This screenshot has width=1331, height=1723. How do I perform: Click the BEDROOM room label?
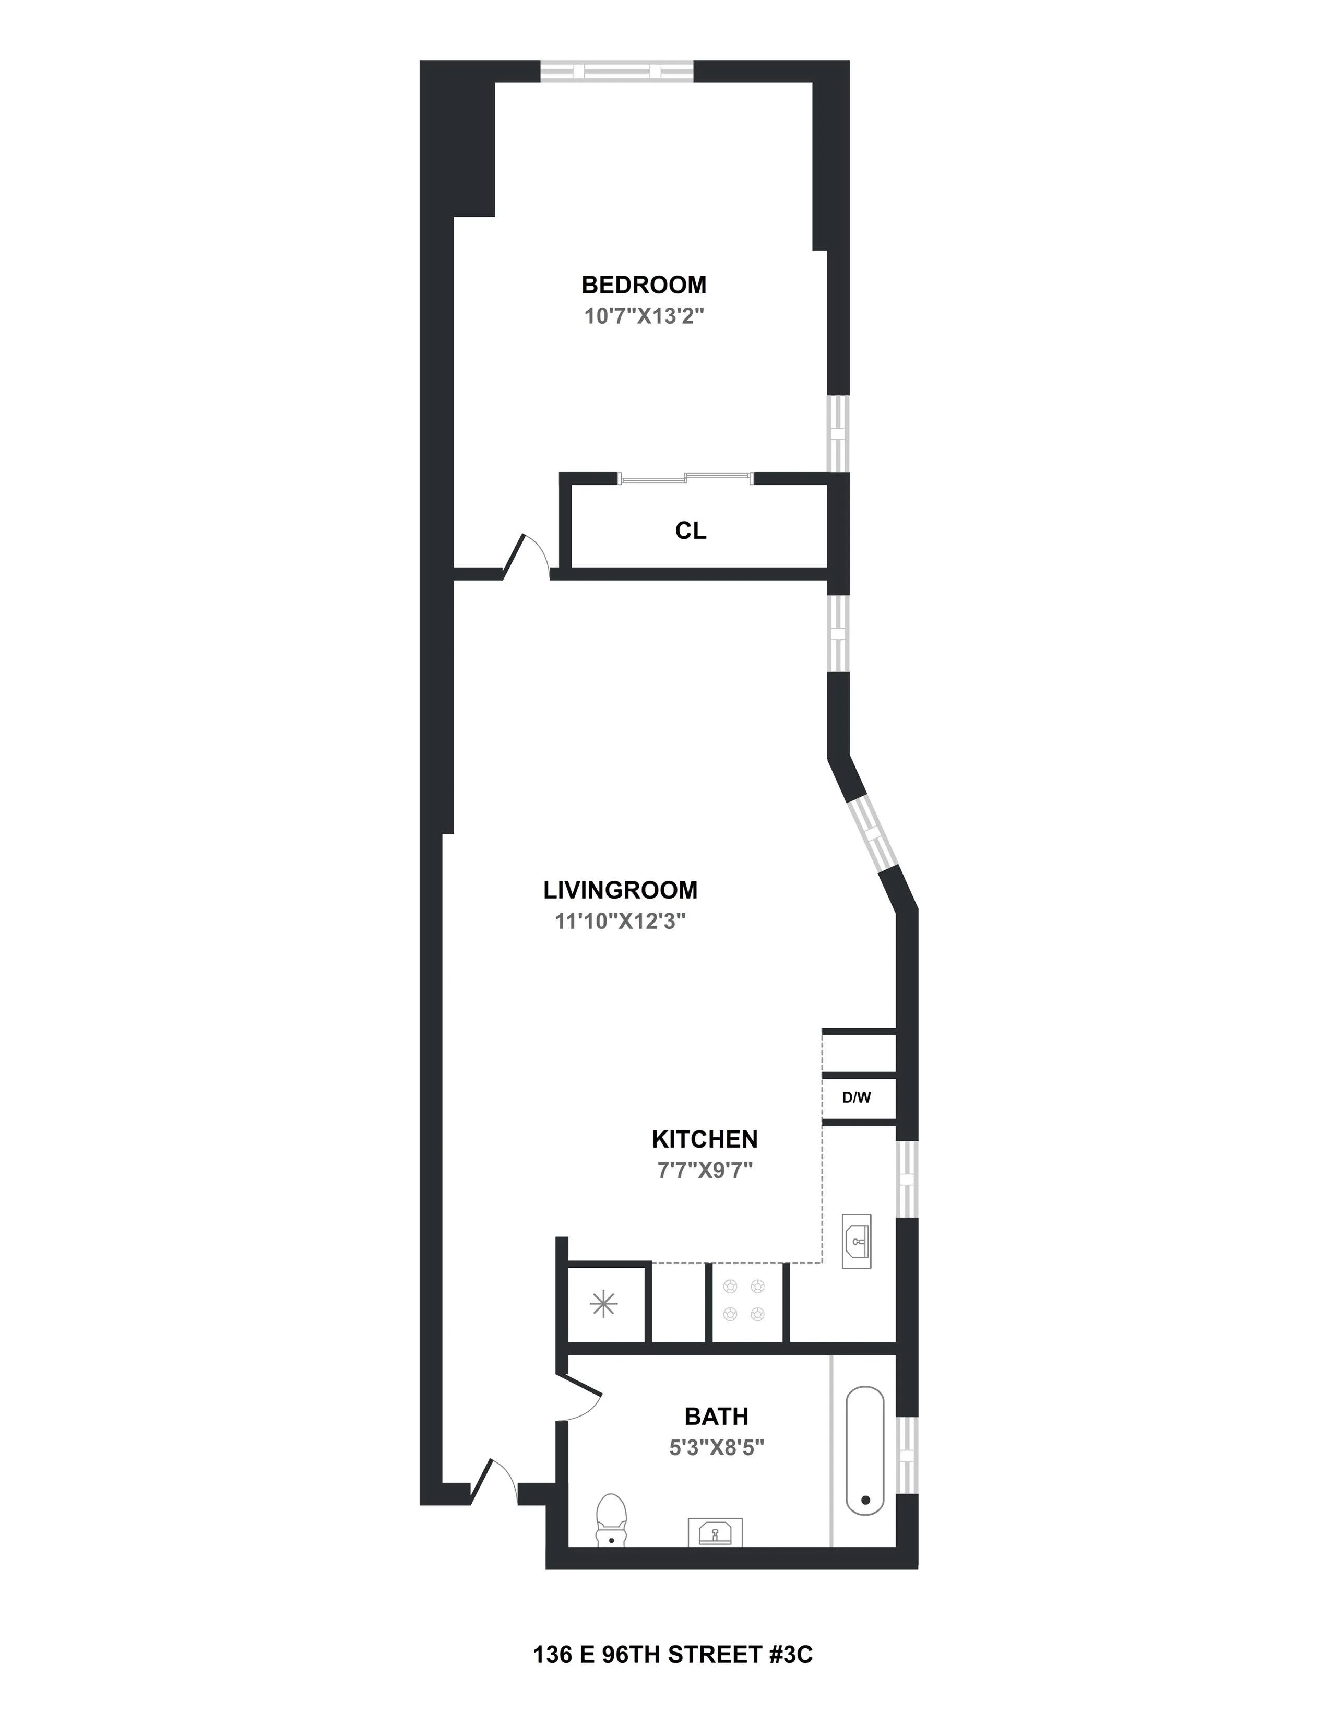[x=644, y=285]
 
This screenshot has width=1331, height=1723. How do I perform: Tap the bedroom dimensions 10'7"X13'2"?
[x=644, y=316]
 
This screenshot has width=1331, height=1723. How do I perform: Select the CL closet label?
[x=691, y=531]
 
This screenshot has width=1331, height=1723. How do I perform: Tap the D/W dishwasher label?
[x=857, y=1097]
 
